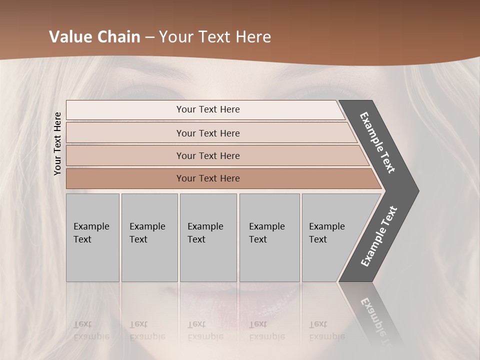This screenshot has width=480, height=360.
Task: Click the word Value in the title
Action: click(70, 37)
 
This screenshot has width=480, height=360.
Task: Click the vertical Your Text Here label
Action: click(57, 143)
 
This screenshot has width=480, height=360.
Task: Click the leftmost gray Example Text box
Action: click(92, 237)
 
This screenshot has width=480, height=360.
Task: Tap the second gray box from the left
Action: click(149, 237)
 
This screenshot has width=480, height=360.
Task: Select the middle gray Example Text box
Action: click(208, 237)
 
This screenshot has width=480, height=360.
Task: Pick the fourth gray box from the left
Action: click(269, 237)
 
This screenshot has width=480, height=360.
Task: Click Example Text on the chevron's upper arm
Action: click(377, 142)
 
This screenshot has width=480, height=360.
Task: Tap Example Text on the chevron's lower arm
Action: click(379, 236)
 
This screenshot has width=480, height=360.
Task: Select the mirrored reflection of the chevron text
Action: click(375, 320)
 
